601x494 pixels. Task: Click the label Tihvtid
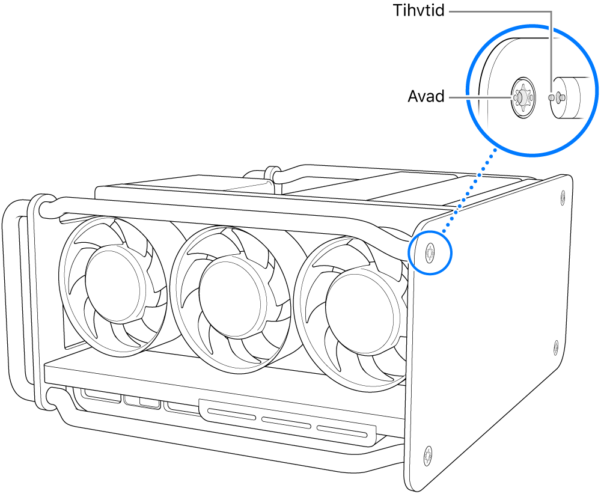click(x=418, y=11)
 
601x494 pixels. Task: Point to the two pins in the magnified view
click(x=557, y=96)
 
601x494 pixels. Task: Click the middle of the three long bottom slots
click(x=286, y=422)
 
